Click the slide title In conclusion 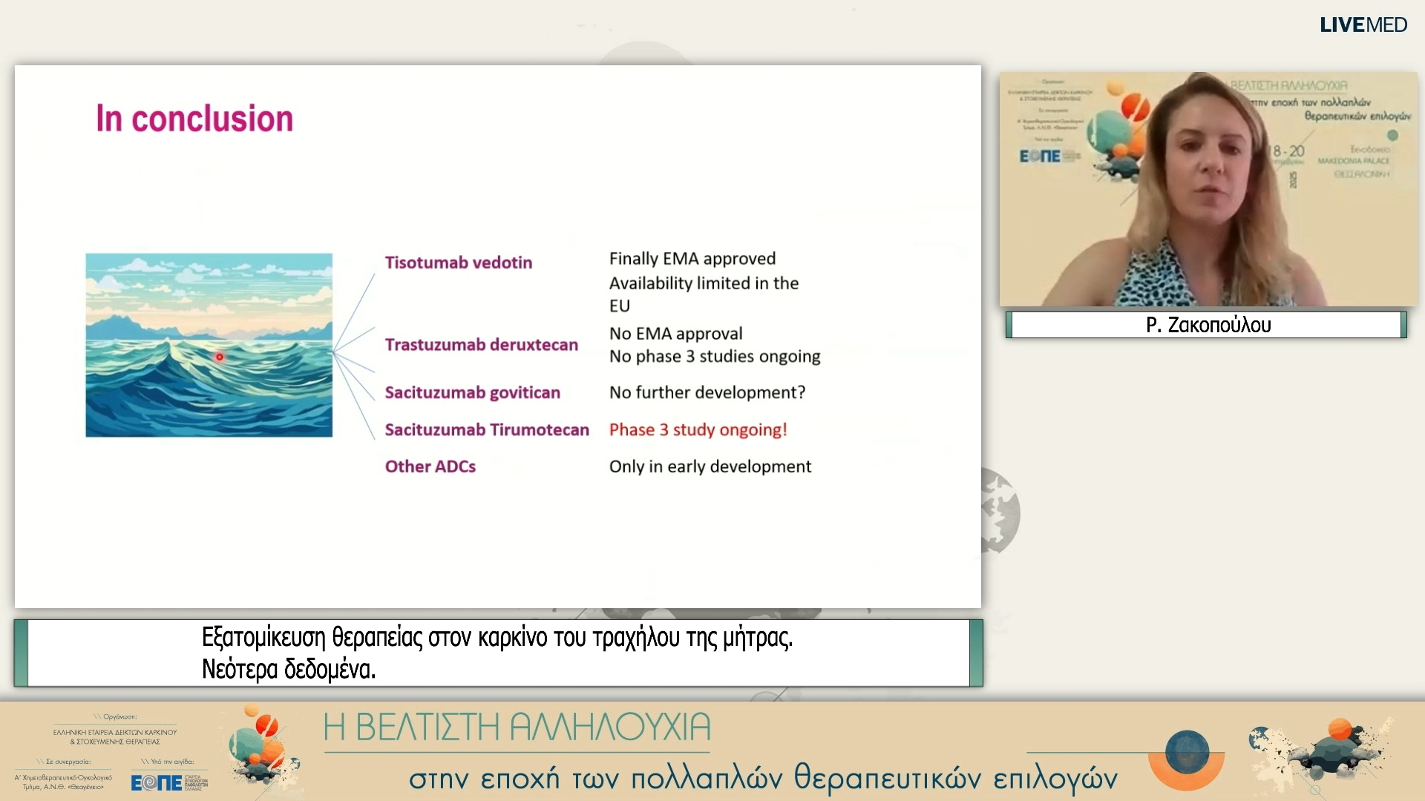pyautogui.click(x=194, y=119)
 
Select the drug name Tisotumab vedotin pyautogui.click(x=458, y=263)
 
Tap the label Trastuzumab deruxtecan pyautogui.click(x=481, y=345)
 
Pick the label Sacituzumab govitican pyautogui.click(x=472, y=392)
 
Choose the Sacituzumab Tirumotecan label pyautogui.click(x=486, y=430)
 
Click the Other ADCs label pyautogui.click(x=430, y=467)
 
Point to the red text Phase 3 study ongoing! pyautogui.click(x=698, y=430)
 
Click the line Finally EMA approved pyautogui.click(x=692, y=259)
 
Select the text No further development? pyautogui.click(x=707, y=392)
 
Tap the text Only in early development pyautogui.click(x=710, y=467)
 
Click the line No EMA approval pyautogui.click(x=675, y=334)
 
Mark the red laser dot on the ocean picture pyautogui.click(x=220, y=357)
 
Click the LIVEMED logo pyautogui.click(x=1363, y=25)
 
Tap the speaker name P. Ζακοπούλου pyautogui.click(x=1208, y=325)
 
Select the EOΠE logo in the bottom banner pyautogui.click(x=157, y=782)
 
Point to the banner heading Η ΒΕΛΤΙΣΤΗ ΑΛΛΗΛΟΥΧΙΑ pyautogui.click(x=517, y=728)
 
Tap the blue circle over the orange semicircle pyautogui.click(x=1187, y=751)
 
